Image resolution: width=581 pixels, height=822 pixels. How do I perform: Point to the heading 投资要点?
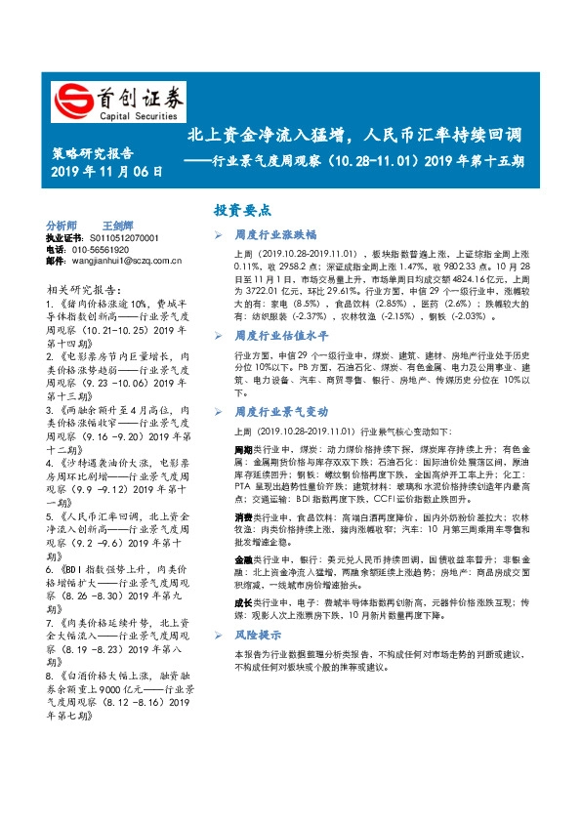(x=244, y=210)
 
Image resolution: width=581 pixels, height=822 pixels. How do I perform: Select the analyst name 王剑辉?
(x=117, y=225)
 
